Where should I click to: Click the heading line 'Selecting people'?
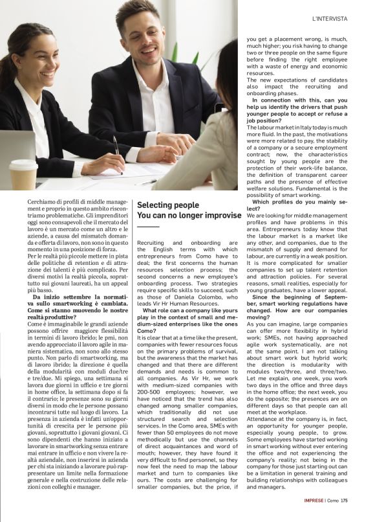(x=168, y=205)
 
